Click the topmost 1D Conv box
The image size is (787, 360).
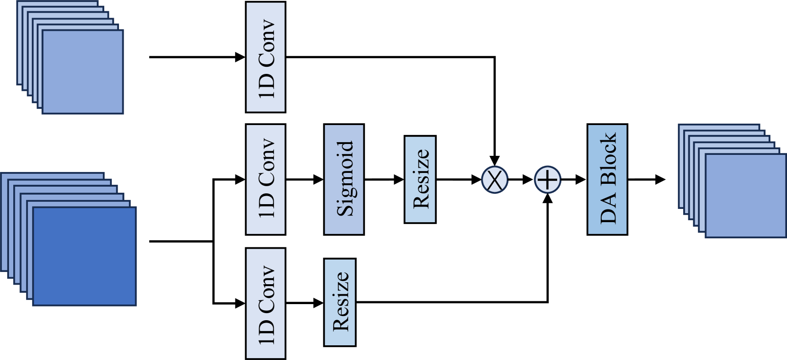265,57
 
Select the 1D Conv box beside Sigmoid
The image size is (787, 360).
265,180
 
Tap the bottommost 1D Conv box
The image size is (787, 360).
265,303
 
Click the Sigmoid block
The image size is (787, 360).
344,180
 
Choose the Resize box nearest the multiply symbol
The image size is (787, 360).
420,180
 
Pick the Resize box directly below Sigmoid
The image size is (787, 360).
340,302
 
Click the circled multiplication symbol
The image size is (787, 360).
494,180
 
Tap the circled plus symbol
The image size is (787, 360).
547,180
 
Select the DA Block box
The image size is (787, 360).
607,180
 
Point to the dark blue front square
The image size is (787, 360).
84,256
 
